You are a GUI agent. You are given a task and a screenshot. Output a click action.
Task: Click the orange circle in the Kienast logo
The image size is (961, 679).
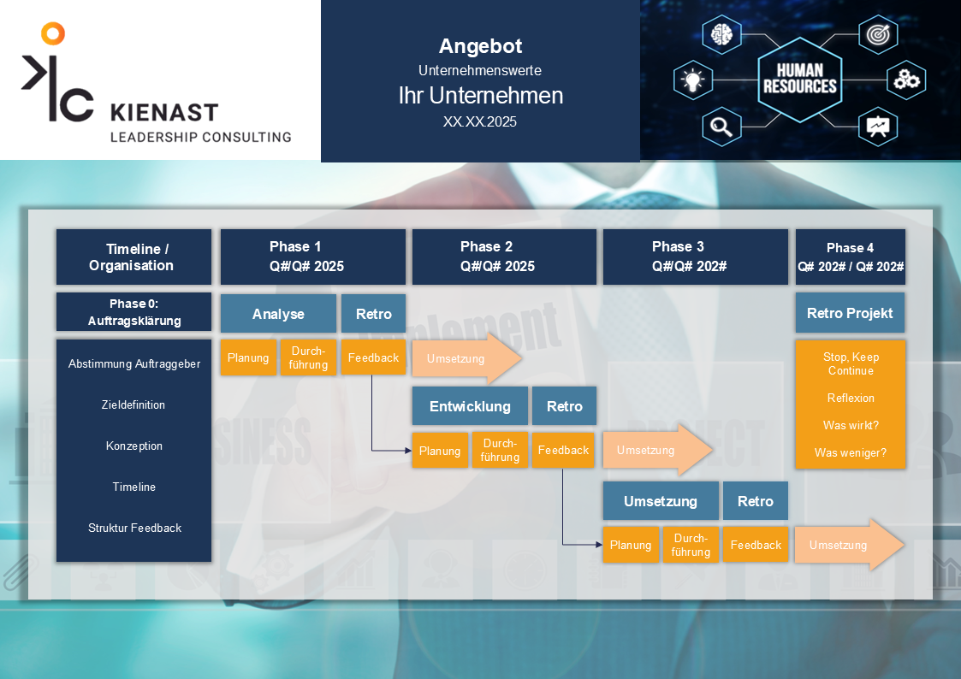pyautogui.click(x=53, y=34)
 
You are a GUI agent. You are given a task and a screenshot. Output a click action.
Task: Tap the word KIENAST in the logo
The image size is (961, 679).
pyautogui.click(x=164, y=113)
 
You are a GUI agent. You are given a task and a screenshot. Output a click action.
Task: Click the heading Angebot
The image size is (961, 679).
pyautogui.click(x=480, y=46)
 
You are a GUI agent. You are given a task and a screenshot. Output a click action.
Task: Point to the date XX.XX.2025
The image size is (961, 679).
pyautogui.click(x=480, y=121)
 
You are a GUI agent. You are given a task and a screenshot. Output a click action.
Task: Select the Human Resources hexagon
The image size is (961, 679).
pyautogui.click(x=799, y=79)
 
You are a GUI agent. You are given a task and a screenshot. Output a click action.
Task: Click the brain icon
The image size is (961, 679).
pyautogui.click(x=721, y=35)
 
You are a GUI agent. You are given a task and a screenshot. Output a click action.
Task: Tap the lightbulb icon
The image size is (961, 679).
pyautogui.click(x=691, y=80)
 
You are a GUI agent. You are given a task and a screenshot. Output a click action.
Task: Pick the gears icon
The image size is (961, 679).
pyautogui.click(x=905, y=80)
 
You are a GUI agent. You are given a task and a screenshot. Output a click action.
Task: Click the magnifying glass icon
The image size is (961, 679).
pyautogui.click(x=721, y=127)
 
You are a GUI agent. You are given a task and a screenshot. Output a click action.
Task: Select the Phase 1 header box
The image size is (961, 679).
pyautogui.click(x=313, y=257)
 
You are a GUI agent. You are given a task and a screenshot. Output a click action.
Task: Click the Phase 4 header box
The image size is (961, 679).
pyautogui.click(x=850, y=257)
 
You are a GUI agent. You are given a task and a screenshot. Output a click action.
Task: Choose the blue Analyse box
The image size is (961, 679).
pyautogui.click(x=278, y=314)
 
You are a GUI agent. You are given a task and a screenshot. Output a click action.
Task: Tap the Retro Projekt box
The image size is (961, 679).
pyautogui.click(x=850, y=313)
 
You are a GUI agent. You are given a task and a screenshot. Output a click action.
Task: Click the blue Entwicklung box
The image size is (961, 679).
pyautogui.click(x=470, y=406)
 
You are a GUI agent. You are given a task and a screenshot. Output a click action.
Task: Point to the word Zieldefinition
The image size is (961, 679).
pyautogui.click(x=133, y=404)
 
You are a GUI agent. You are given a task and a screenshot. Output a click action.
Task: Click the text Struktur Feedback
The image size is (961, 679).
pyautogui.click(x=134, y=528)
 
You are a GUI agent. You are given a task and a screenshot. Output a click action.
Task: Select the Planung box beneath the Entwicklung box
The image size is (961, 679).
pyautogui.click(x=440, y=451)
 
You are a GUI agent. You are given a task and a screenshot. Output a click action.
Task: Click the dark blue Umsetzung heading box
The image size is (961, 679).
pyautogui.click(x=661, y=501)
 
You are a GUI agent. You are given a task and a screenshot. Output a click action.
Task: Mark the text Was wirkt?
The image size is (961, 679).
pyautogui.click(x=850, y=425)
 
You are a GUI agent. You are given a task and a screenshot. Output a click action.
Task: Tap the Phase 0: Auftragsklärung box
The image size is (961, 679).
pyautogui.click(x=133, y=312)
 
